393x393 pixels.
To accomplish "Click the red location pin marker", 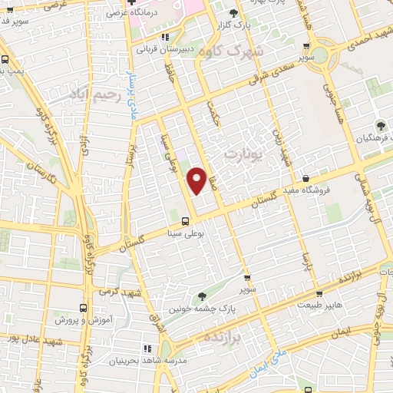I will pyautogui.click(x=196, y=180).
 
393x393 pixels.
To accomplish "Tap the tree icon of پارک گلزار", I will pyautogui.click(x=234, y=13).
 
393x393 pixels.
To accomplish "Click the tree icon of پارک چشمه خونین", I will pyautogui.click(x=202, y=296).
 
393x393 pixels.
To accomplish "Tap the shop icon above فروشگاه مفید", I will pyautogui.click(x=307, y=179).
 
